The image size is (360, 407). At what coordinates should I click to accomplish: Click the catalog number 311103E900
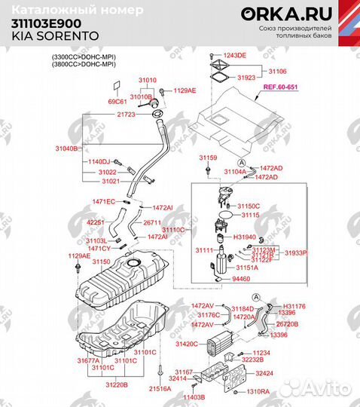click(x=44, y=23)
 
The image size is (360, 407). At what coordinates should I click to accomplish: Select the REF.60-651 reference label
click(x=279, y=87)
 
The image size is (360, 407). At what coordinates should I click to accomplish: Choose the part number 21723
click(x=126, y=114)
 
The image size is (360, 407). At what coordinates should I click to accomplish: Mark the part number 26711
click(x=153, y=222)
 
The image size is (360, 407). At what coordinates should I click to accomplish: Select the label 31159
click(x=208, y=158)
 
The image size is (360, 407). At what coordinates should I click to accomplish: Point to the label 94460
click(x=241, y=279)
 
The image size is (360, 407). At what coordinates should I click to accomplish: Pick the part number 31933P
click(x=294, y=253)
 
